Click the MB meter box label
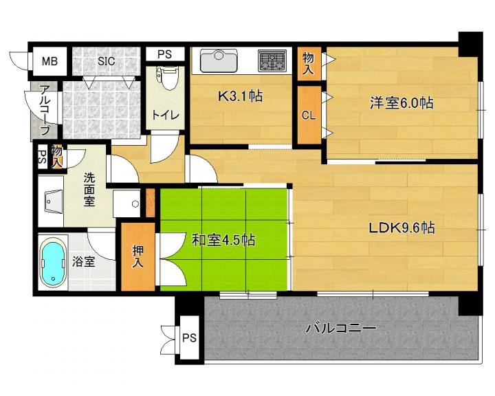(x=50, y=61)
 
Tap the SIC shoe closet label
(x=107, y=61)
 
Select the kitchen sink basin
(x=219, y=60)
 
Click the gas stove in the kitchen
(x=272, y=60)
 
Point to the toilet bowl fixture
(x=166, y=78)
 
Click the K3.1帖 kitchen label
(x=240, y=96)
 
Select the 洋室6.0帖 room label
(x=401, y=103)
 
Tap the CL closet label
(x=309, y=115)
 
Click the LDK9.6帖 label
(x=401, y=228)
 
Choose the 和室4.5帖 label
(x=223, y=241)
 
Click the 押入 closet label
(x=138, y=256)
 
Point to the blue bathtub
(x=53, y=263)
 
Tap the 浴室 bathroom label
(x=84, y=261)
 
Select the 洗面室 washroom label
(x=89, y=190)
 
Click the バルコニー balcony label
(x=340, y=328)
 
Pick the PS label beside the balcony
(x=190, y=338)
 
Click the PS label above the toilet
(x=164, y=54)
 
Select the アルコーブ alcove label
(x=45, y=111)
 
